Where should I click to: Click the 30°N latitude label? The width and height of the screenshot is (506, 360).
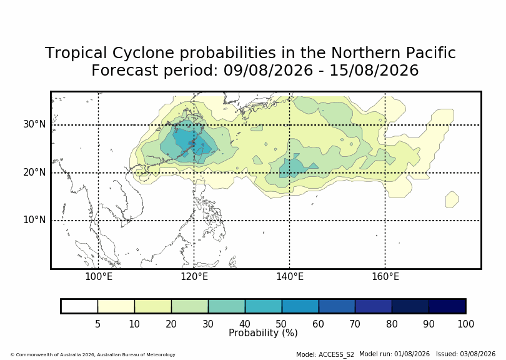34,124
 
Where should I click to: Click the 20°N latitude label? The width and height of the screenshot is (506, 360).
34,172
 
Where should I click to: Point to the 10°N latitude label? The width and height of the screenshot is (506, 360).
34,220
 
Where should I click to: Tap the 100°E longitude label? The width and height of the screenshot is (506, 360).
99,277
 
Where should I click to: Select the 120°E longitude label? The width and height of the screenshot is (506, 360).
194,277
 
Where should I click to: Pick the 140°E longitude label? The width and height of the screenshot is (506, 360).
289,277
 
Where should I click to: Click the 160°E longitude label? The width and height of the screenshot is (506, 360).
385,277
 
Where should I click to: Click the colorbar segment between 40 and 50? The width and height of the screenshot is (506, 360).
264,306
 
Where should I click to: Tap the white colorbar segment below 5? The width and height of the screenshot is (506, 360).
79,306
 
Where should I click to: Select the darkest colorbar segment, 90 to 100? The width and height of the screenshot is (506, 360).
447,306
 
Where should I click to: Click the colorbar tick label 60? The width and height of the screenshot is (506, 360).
318,324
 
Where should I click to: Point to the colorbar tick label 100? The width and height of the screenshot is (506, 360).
465,324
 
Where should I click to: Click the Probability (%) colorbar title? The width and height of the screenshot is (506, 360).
263,333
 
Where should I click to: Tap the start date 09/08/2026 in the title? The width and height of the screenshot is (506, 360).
268,71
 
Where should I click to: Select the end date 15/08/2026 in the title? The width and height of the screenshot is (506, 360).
374,71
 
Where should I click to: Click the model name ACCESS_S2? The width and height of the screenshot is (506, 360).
336,354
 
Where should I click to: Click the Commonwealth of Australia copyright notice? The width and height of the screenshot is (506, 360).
93,354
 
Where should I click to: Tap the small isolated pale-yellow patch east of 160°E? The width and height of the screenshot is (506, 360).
452,199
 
